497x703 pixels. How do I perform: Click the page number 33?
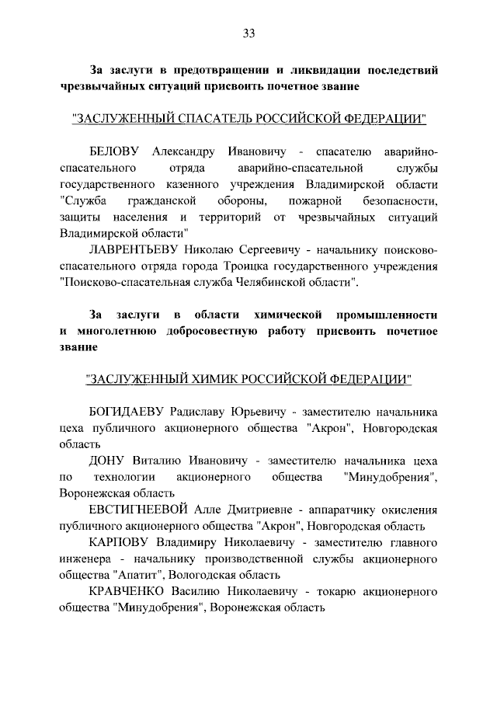pos(248,33)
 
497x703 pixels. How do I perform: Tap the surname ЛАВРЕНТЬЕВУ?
pos(134,250)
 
